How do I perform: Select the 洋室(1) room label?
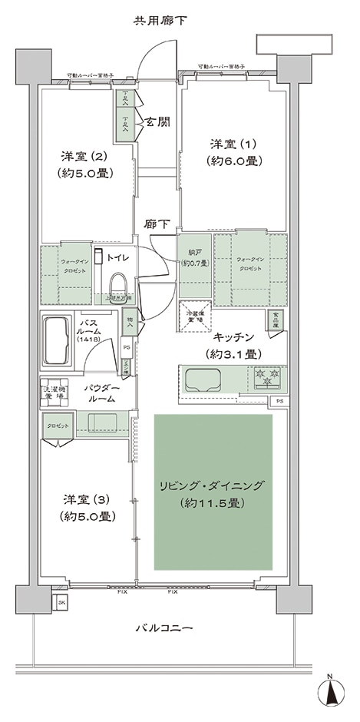click(233, 151)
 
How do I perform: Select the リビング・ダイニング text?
click(212, 485)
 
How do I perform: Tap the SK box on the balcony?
click(61, 602)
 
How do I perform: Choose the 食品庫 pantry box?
click(273, 319)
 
